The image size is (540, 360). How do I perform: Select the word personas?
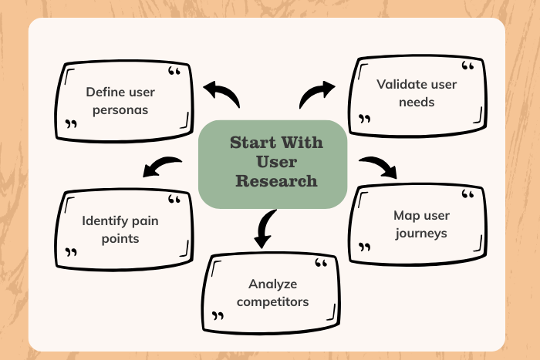120,109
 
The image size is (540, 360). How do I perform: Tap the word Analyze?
273,284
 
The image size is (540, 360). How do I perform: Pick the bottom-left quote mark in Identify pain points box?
72,252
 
